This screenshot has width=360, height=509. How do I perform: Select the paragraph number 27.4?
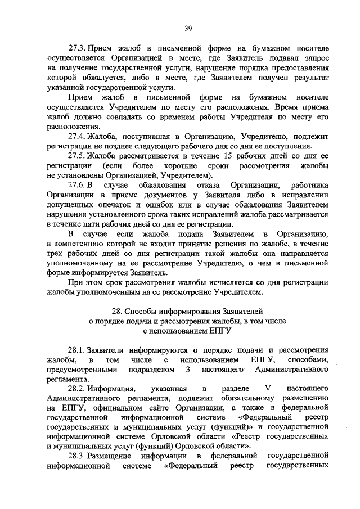tap(78, 136)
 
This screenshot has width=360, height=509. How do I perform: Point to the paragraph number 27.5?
tap(78, 156)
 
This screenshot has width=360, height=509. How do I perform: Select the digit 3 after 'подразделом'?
tap(186, 369)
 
